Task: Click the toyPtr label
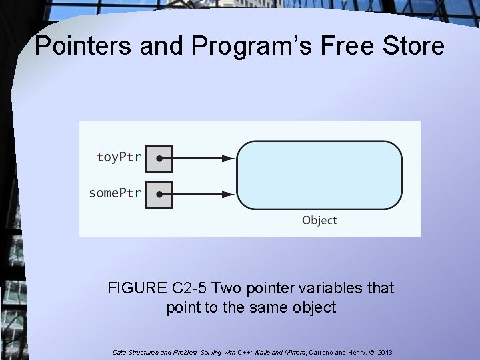119,158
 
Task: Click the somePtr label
115,193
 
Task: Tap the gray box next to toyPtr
159,159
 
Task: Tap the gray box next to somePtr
159,194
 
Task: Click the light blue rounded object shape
319,175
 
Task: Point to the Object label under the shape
319,220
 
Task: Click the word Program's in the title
239,47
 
